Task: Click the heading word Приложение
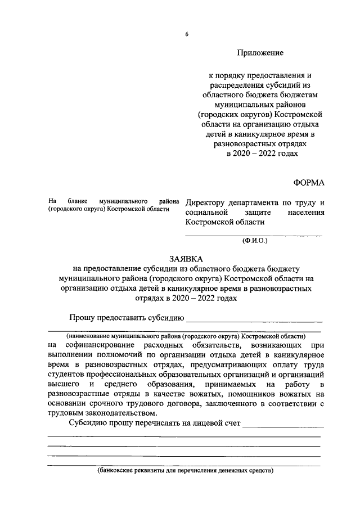click(260, 53)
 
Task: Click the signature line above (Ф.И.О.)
click(254, 235)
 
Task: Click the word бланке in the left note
click(77, 201)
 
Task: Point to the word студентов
click(68, 374)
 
